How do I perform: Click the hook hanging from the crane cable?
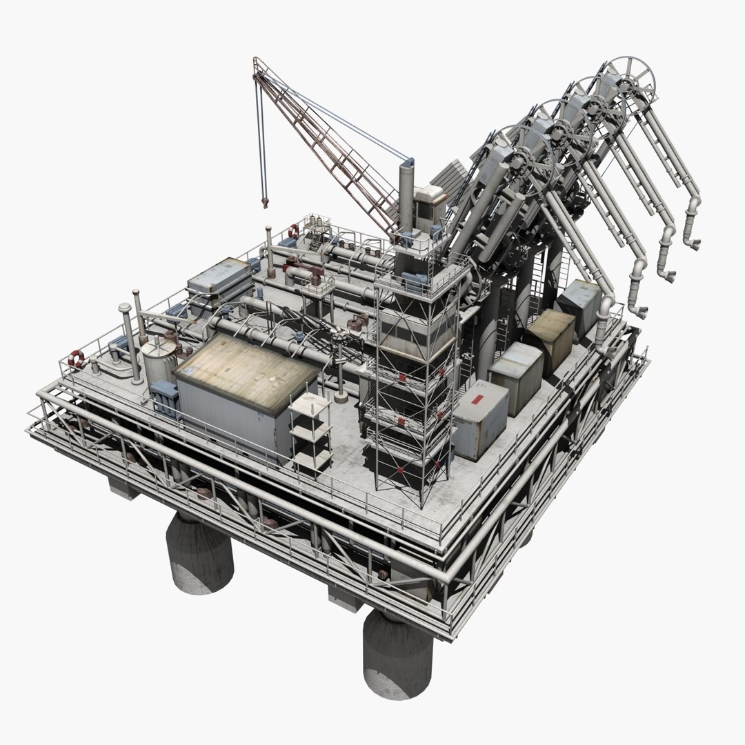(x=264, y=201)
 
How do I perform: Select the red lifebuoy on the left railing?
(x=77, y=359)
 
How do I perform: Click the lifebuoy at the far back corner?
(x=294, y=231)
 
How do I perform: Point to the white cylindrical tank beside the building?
(x=159, y=361)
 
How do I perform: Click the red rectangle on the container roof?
(x=477, y=402)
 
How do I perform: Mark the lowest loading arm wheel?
(x=519, y=157)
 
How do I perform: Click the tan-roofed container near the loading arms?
(x=550, y=336)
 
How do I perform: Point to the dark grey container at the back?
(x=579, y=301)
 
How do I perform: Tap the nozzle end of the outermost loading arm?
(x=692, y=241)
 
